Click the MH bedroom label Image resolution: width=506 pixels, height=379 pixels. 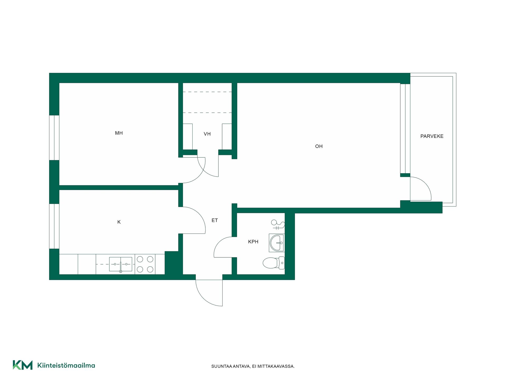tap(119, 133)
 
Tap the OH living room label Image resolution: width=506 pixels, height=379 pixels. tap(319, 146)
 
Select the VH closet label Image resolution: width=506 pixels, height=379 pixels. tap(207, 134)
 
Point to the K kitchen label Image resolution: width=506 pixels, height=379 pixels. tap(119, 222)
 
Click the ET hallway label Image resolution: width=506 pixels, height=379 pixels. tap(215, 220)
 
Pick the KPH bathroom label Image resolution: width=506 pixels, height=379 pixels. tap(253, 242)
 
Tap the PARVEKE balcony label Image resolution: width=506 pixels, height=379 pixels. tap(432, 136)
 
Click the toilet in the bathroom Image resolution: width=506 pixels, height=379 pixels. tap(274, 263)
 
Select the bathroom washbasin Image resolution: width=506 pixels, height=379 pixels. tap(277, 243)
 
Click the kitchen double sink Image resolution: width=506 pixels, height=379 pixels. tap(121, 264)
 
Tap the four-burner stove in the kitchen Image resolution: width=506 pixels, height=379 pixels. tap(145, 264)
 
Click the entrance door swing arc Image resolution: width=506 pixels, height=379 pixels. tap(204, 297)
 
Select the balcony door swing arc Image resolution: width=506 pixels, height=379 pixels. tap(425, 184)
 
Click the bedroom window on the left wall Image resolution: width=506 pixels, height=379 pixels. tap(54, 138)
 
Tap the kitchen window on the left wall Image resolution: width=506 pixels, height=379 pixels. tap(54, 226)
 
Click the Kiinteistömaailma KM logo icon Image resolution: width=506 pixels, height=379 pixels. tap(23, 365)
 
